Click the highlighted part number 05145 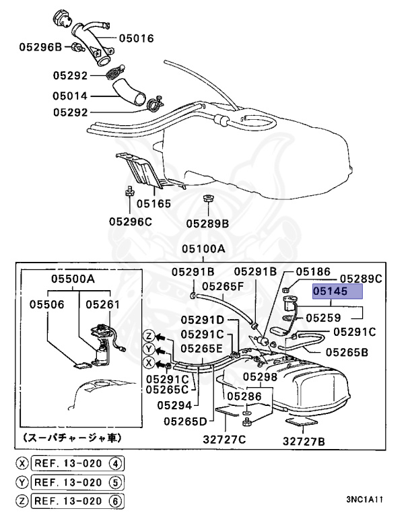point(337,291)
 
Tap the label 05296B point(40,47)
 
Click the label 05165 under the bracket point(153,203)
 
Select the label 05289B point(207,221)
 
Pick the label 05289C point(360,278)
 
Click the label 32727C point(223,440)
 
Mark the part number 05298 point(259,377)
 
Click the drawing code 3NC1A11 point(366,500)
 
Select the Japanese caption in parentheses point(73,438)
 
